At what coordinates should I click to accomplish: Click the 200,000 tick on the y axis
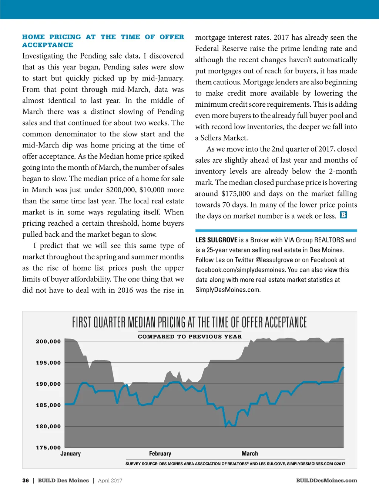(x=48, y=342)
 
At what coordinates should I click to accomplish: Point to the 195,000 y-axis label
(x=48, y=363)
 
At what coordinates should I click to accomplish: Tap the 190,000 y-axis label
(x=48, y=384)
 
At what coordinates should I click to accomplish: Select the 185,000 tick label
(x=48, y=405)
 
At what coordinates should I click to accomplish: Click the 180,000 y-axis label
(x=48, y=426)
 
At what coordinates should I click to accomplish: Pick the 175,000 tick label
(x=48, y=448)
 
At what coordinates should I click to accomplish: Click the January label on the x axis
(x=70, y=454)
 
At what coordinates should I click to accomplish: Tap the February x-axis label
(x=160, y=454)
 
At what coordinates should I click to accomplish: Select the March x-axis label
(x=249, y=454)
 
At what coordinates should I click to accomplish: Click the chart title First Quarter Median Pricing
(x=189, y=322)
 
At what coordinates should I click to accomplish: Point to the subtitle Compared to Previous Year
(x=189, y=337)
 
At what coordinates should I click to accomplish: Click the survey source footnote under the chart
(x=235, y=464)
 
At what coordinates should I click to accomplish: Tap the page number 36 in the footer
(x=26, y=481)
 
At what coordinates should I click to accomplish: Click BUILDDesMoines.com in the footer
(x=326, y=481)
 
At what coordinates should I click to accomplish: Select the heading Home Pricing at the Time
(x=103, y=41)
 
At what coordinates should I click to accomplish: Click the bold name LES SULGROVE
(x=217, y=240)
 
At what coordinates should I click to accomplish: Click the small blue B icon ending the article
(x=343, y=215)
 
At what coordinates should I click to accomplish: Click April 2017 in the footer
(x=110, y=481)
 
